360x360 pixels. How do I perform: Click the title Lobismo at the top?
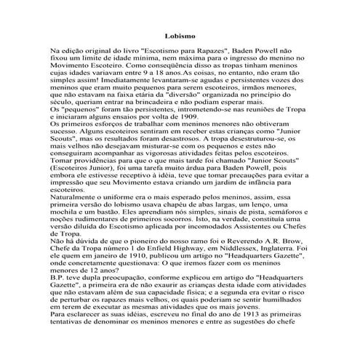(x=180, y=34)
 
